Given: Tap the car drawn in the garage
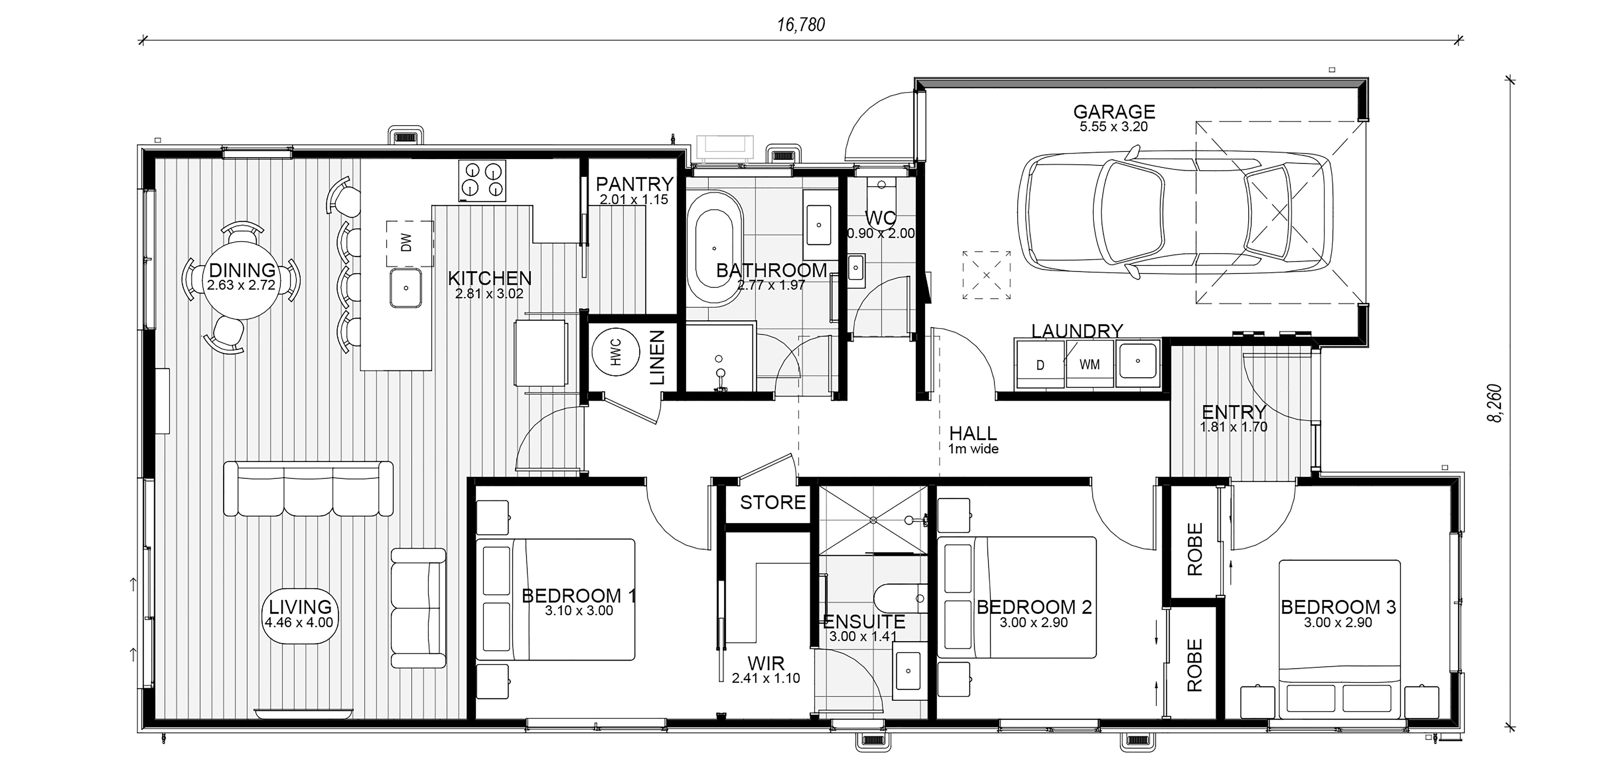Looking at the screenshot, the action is click(x=1175, y=213).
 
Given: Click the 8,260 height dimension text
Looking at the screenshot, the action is click(x=1495, y=404).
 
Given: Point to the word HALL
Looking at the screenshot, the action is click(x=973, y=434).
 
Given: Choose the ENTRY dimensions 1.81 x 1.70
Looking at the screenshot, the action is click(x=1233, y=427).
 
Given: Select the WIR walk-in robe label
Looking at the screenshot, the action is click(x=766, y=663).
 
